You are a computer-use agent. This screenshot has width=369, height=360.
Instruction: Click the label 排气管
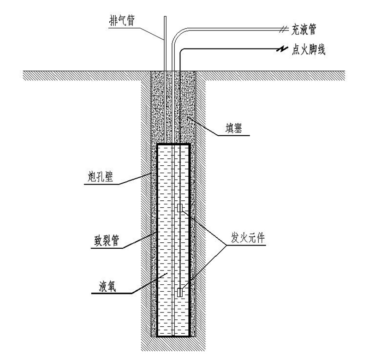pos(122,20)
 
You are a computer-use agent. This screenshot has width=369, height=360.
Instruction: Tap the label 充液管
pos(304,30)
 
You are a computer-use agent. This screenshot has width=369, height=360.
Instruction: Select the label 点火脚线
pos(309,50)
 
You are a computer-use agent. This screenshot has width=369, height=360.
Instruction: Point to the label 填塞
pos(234,129)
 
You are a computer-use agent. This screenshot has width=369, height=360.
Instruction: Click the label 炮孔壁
pos(100,177)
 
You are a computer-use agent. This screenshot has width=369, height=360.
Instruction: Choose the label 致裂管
pos(107,240)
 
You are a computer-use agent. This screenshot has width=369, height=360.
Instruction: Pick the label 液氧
pos(107,287)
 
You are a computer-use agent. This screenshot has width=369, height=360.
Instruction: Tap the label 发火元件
pos(248,238)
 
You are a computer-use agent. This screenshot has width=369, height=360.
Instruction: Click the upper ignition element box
pos(180,208)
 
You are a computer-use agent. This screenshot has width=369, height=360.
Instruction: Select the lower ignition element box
pos(180,292)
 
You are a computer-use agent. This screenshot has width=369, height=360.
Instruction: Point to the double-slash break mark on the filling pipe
pos(284,30)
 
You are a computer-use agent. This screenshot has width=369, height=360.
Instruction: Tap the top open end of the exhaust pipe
pos(165,17)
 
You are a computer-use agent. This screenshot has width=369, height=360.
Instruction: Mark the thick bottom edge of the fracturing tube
pos(173,336)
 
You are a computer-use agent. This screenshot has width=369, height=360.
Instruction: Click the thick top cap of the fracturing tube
pos(173,144)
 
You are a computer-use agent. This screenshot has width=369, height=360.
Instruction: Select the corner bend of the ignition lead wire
pos(181,50)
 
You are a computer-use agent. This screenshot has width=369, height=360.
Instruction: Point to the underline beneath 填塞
pos(233,135)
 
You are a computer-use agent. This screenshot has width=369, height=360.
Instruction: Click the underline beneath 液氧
pos(112,294)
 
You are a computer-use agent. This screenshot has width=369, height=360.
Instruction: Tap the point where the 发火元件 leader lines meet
pos(226,246)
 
